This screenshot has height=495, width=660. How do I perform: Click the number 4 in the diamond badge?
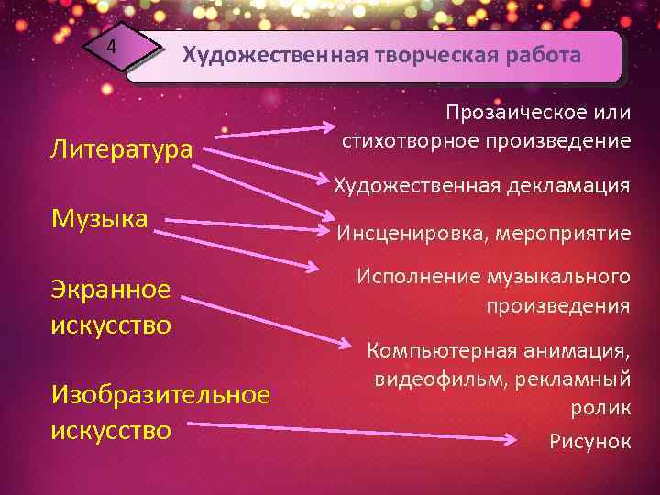click(x=111, y=47)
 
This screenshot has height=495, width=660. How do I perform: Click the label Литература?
click(x=122, y=148)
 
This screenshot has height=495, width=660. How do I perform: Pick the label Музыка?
click(x=100, y=219)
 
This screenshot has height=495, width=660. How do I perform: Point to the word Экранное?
click(x=111, y=290)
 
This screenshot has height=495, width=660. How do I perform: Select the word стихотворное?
click(x=410, y=141)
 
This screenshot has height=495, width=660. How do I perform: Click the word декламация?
click(x=566, y=186)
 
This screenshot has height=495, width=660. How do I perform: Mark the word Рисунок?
click(x=589, y=442)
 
